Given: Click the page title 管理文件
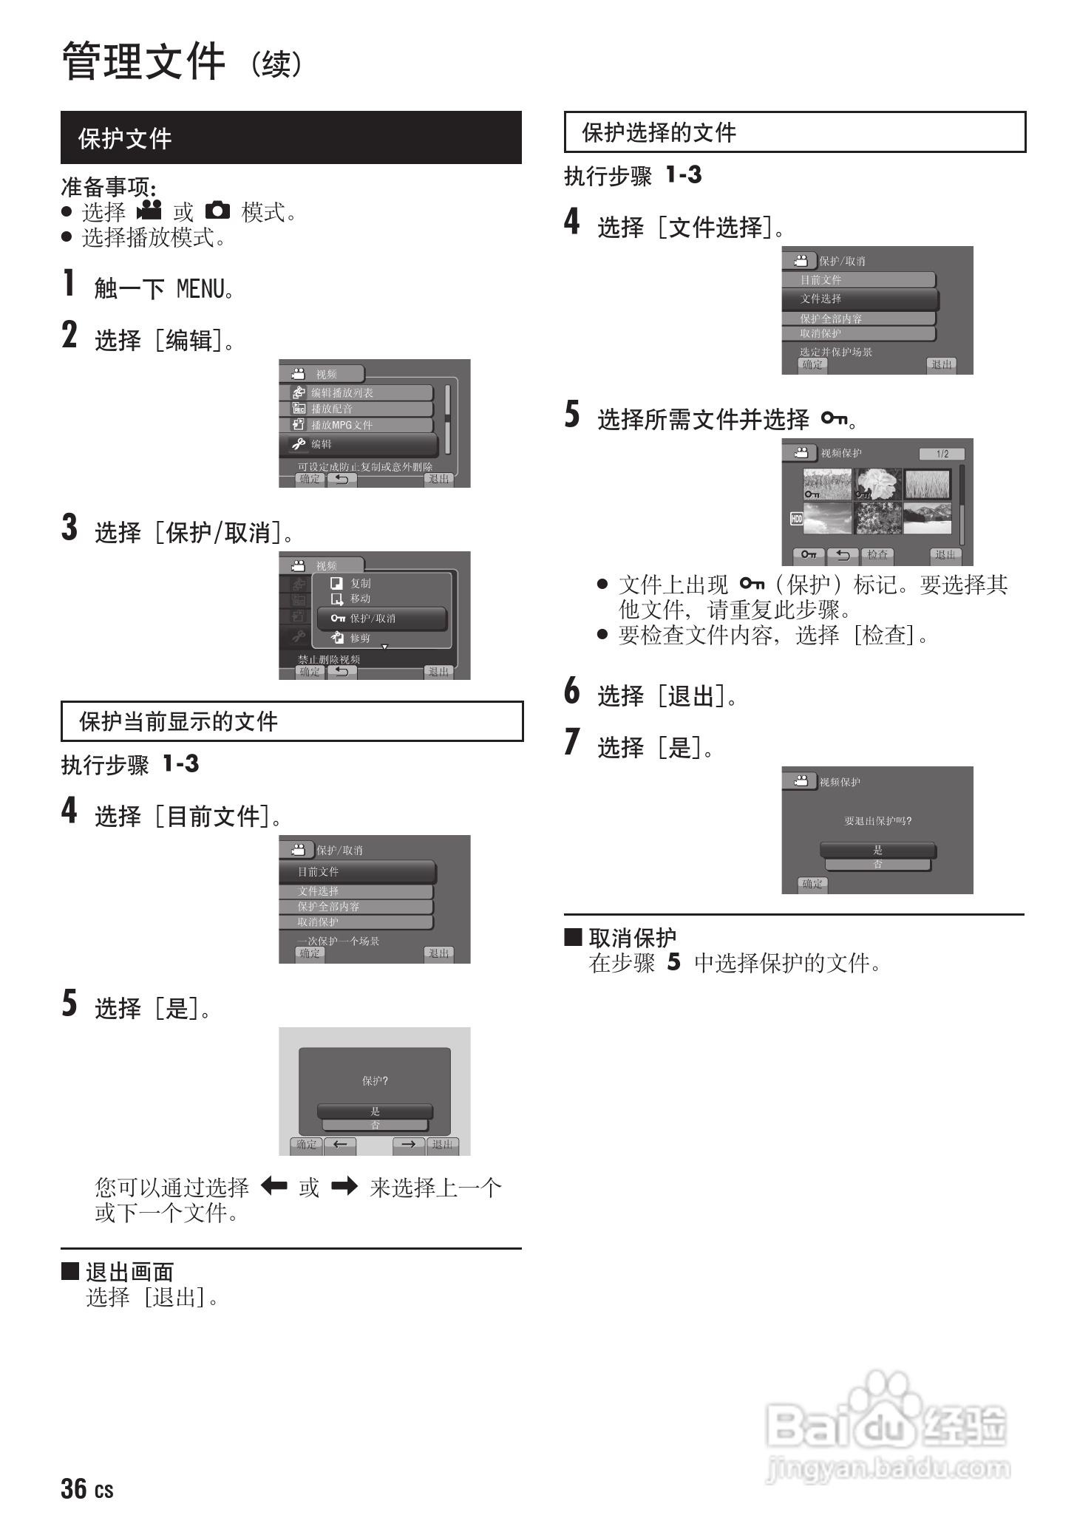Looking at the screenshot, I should (143, 61).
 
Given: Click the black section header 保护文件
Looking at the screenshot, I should (125, 138).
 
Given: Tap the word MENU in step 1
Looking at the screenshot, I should (200, 289).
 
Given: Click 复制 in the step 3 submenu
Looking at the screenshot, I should (360, 583).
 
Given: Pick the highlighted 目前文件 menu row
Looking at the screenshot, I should (358, 872).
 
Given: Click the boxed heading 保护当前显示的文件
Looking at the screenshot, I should (178, 721).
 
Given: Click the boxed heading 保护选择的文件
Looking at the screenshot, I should (659, 132).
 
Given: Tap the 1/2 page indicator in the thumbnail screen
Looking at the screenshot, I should (942, 454).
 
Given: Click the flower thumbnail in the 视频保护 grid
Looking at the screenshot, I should (877, 484).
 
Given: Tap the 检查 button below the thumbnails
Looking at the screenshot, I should (877, 554).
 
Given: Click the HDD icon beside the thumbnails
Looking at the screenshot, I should (796, 519).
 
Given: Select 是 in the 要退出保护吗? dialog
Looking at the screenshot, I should (877, 850).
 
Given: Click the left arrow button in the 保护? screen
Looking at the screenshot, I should (340, 1145).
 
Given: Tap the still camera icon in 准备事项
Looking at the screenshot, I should (217, 211).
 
